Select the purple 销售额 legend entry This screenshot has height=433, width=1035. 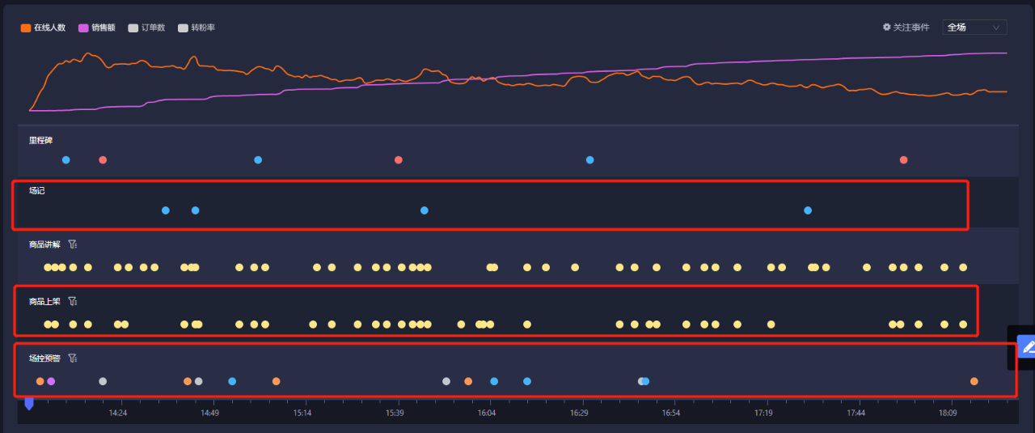[97, 28]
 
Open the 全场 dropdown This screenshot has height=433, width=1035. [974, 28]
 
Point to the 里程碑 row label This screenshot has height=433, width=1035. [40, 140]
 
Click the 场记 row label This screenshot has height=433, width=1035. [37, 191]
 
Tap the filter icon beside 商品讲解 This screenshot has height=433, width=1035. [72, 244]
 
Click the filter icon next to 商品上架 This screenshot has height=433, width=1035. [72, 301]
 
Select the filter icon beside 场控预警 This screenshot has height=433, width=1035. [72, 358]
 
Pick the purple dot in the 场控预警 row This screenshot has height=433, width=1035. [51, 381]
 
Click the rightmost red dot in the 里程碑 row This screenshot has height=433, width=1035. [903, 160]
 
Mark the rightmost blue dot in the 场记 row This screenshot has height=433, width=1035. [808, 210]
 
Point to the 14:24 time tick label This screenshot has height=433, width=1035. [118, 413]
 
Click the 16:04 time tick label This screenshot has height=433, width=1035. [487, 413]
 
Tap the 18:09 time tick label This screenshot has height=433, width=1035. [948, 413]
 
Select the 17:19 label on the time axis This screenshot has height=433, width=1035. [763, 413]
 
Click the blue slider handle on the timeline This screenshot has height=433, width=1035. [29, 403]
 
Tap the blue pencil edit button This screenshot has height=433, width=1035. [1027, 347]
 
